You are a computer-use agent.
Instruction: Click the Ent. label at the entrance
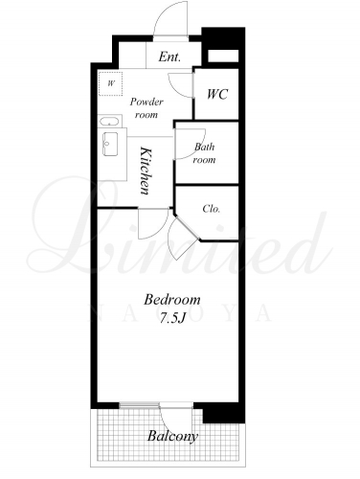(x=169, y=57)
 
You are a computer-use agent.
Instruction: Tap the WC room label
(x=217, y=94)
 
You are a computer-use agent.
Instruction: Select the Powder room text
(x=146, y=108)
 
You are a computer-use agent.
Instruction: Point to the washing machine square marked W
(x=110, y=83)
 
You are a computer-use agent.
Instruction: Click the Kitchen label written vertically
(x=145, y=171)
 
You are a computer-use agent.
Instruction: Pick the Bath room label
(x=204, y=153)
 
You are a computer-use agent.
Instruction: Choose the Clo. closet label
(x=212, y=209)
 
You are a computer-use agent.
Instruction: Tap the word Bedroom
(x=172, y=300)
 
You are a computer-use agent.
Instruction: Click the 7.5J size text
(x=172, y=318)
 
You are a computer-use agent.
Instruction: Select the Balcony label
(x=172, y=436)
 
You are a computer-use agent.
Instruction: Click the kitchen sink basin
(x=110, y=145)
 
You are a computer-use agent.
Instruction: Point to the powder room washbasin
(x=109, y=122)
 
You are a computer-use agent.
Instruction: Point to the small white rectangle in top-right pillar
(x=223, y=56)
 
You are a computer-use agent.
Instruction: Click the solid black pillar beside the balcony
(x=223, y=413)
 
